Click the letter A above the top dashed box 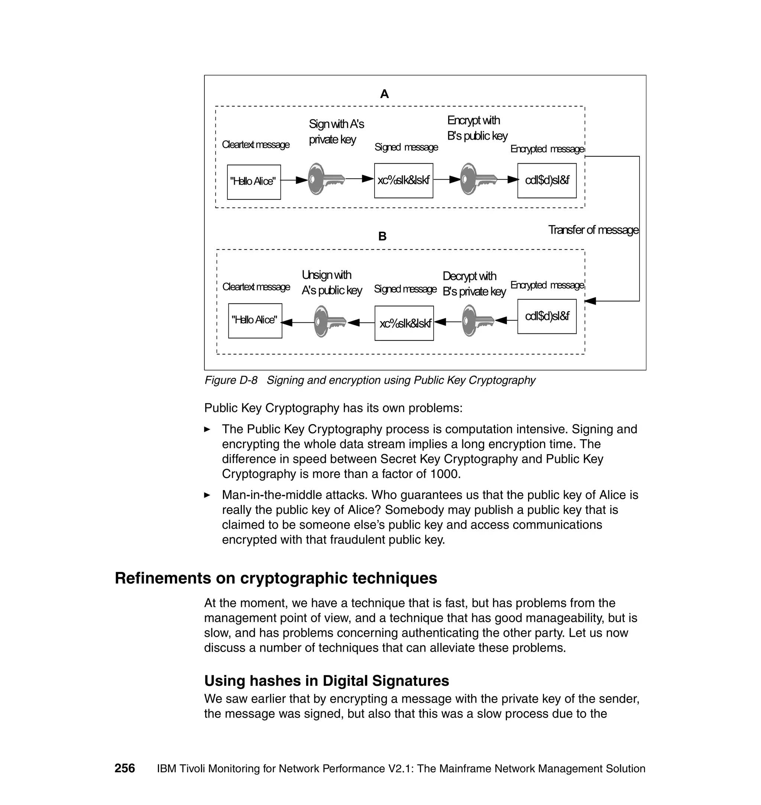(x=384, y=94)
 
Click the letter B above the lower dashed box (x=382, y=236)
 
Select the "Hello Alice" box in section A (x=253, y=182)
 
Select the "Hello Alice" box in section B (x=255, y=320)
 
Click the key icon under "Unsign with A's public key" (x=329, y=322)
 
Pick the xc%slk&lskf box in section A (x=403, y=180)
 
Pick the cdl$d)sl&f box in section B (x=547, y=316)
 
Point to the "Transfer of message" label (x=593, y=230)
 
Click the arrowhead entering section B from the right (x=590, y=301)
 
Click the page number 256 (x=124, y=768)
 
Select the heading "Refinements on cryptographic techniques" (x=276, y=578)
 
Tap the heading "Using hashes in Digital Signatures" (x=327, y=681)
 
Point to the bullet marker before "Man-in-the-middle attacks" (x=207, y=495)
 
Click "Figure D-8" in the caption (x=231, y=380)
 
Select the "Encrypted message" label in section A (x=547, y=149)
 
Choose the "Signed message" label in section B (x=405, y=289)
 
